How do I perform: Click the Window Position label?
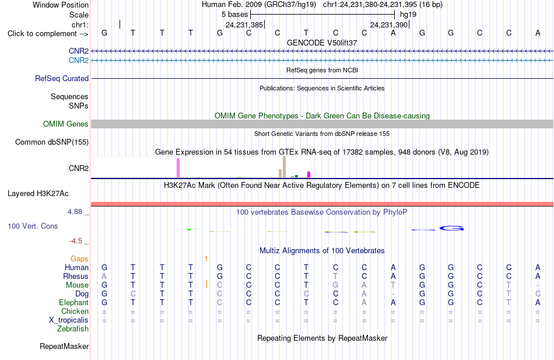(x=61, y=5)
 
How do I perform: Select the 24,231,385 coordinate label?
(x=244, y=25)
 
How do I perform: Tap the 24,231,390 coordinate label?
(x=389, y=25)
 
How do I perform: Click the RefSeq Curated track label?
(x=62, y=79)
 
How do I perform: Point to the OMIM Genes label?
(x=66, y=124)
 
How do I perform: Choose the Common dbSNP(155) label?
(x=52, y=142)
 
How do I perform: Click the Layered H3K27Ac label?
(x=38, y=194)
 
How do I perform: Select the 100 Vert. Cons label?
(x=33, y=226)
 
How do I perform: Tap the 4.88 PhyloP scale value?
(x=75, y=212)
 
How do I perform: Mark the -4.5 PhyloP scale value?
(x=76, y=241)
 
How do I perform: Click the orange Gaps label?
(x=79, y=259)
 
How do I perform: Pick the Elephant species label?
(x=74, y=303)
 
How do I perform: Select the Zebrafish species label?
(x=73, y=329)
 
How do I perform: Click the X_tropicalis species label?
(x=69, y=320)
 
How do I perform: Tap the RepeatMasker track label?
(x=64, y=347)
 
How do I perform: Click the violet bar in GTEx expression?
(x=178, y=168)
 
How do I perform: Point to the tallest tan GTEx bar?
(x=284, y=167)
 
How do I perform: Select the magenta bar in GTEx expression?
(x=309, y=174)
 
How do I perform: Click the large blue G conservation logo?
(x=451, y=229)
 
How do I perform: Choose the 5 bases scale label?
(x=235, y=15)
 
